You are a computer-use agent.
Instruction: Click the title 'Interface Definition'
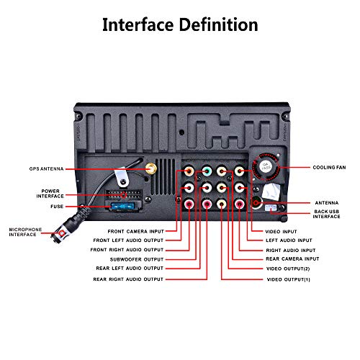point(180,24)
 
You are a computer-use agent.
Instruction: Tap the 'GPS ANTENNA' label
point(47,169)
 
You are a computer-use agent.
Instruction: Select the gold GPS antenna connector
point(151,168)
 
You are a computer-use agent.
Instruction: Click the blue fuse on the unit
point(122,207)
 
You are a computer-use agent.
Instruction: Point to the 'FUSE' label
point(57,207)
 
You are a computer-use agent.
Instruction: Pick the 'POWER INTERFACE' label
point(50,194)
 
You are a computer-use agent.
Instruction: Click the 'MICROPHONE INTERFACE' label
point(25,232)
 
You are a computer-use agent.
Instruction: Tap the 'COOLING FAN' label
point(329,168)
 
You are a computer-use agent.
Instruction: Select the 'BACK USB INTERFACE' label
point(326,214)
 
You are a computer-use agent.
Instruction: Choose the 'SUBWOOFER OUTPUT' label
point(137,259)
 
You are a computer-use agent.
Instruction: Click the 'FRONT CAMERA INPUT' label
point(136,232)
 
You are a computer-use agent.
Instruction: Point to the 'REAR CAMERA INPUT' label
point(292,259)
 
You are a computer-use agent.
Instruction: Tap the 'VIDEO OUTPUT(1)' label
point(289,279)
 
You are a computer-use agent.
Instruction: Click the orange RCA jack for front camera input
point(189,171)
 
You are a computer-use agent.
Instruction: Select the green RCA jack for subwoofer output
point(207,171)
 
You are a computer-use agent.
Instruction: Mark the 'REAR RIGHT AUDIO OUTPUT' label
point(128,279)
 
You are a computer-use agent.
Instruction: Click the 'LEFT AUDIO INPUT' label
point(289,240)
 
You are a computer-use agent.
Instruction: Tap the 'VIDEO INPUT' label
point(281,232)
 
